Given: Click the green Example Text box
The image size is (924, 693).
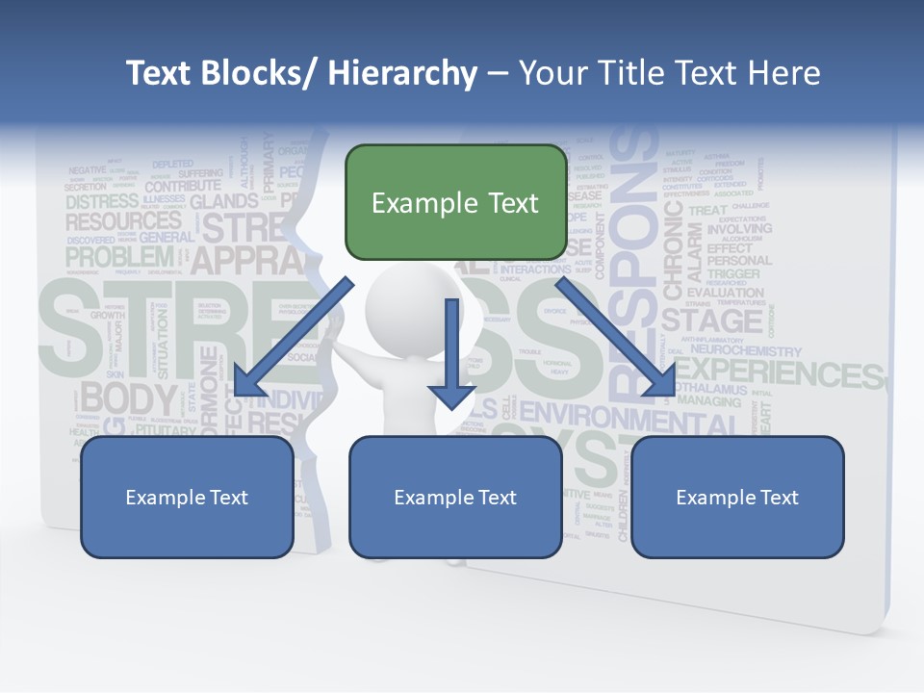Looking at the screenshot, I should [x=455, y=203].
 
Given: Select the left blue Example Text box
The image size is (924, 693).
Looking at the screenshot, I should [x=187, y=497].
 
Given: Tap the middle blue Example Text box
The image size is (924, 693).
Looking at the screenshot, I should [x=455, y=497].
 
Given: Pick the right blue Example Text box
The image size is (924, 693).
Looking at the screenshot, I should [x=737, y=497].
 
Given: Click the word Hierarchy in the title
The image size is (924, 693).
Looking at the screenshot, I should [x=402, y=73].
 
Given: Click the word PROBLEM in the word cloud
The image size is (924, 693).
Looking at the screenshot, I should [x=119, y=257].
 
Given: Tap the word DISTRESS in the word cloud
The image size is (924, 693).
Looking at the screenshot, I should [x=102, y=202].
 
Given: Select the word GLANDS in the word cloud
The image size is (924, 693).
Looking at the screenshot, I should [x=224, y=202].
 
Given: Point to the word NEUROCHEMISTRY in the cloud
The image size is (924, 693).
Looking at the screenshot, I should [x=746, y=352].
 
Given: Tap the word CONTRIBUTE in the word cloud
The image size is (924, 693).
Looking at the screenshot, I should [x=183, y=186].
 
